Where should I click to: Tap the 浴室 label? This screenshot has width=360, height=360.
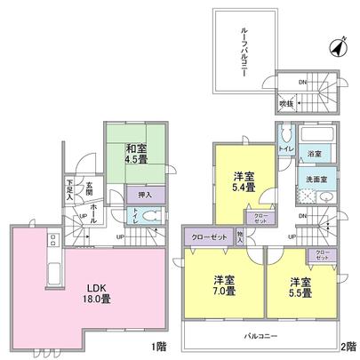point(315,153)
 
